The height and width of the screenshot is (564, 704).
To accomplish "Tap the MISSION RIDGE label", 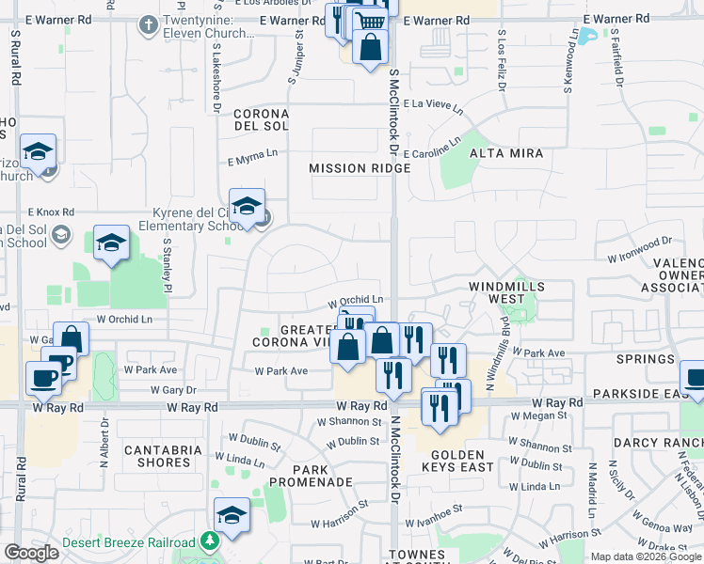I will pyautogui.click(x=360, y=168).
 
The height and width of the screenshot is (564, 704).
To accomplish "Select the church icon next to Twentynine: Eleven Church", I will pyautogui.click(x=148, y=24).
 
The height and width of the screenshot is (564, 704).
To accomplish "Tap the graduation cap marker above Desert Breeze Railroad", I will pyautogui.click(x=232, y=515).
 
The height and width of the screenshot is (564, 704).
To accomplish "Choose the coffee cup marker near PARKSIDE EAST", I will pyautogui.click(x=694, y=380).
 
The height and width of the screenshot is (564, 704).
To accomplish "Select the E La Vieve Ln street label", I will pyautogui.click(x=433, y=108).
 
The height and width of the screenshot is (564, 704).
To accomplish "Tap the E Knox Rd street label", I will pyautogui.click(x=51, y=213).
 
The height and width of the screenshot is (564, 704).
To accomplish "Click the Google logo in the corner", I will pyautogui.click(x=32, y=553).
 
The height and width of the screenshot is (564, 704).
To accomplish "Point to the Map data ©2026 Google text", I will pyautogui.click(x=645, y=556).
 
